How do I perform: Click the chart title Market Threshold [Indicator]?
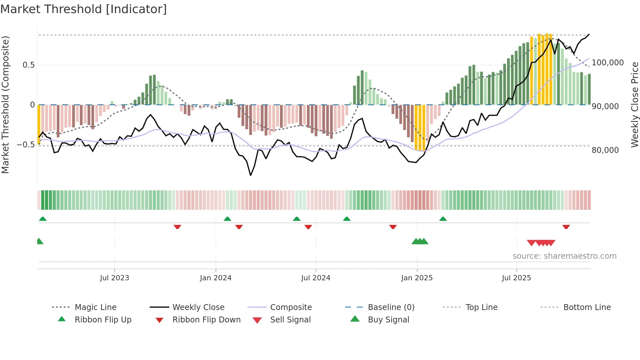click(84, 9)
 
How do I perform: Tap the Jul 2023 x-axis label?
click(114, 278)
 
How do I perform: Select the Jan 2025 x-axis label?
click(417, 278)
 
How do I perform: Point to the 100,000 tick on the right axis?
click(607, 63)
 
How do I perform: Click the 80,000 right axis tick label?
click(605, 150)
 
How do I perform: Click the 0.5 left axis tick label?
click(28, 65)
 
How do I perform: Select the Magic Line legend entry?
click(95, 307)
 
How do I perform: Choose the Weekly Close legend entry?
click(198, 307)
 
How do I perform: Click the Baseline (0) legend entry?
click(391, 307)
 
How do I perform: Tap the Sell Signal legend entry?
click(290, 320)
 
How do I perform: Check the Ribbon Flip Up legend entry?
click(103, 320)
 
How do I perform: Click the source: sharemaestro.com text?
click(564, 256)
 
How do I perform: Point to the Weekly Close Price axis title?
click(634, 105)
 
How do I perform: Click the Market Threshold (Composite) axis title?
click(5, 105)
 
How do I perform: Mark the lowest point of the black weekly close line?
click(250, 175)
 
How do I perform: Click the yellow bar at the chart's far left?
click(39, 124)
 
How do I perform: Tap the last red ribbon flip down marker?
click(566, 227)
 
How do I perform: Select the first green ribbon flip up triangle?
click(42, 219)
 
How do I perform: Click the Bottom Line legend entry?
click(587, 307)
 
